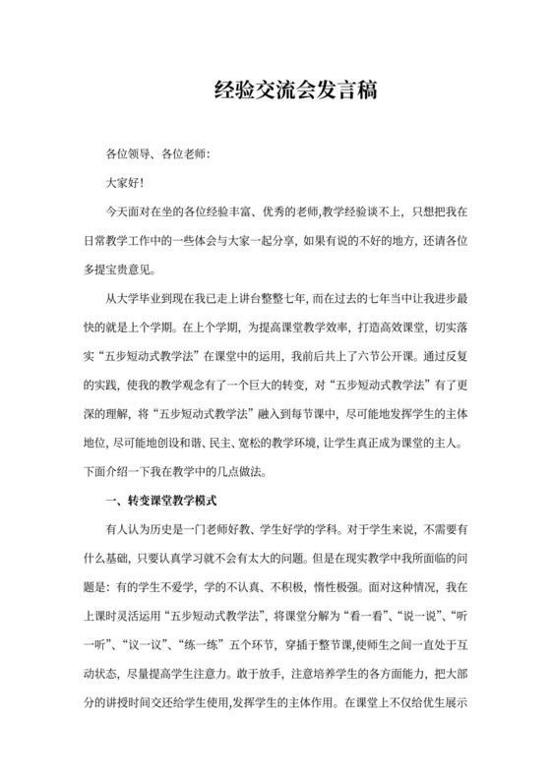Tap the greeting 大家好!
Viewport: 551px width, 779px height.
(126, 182)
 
